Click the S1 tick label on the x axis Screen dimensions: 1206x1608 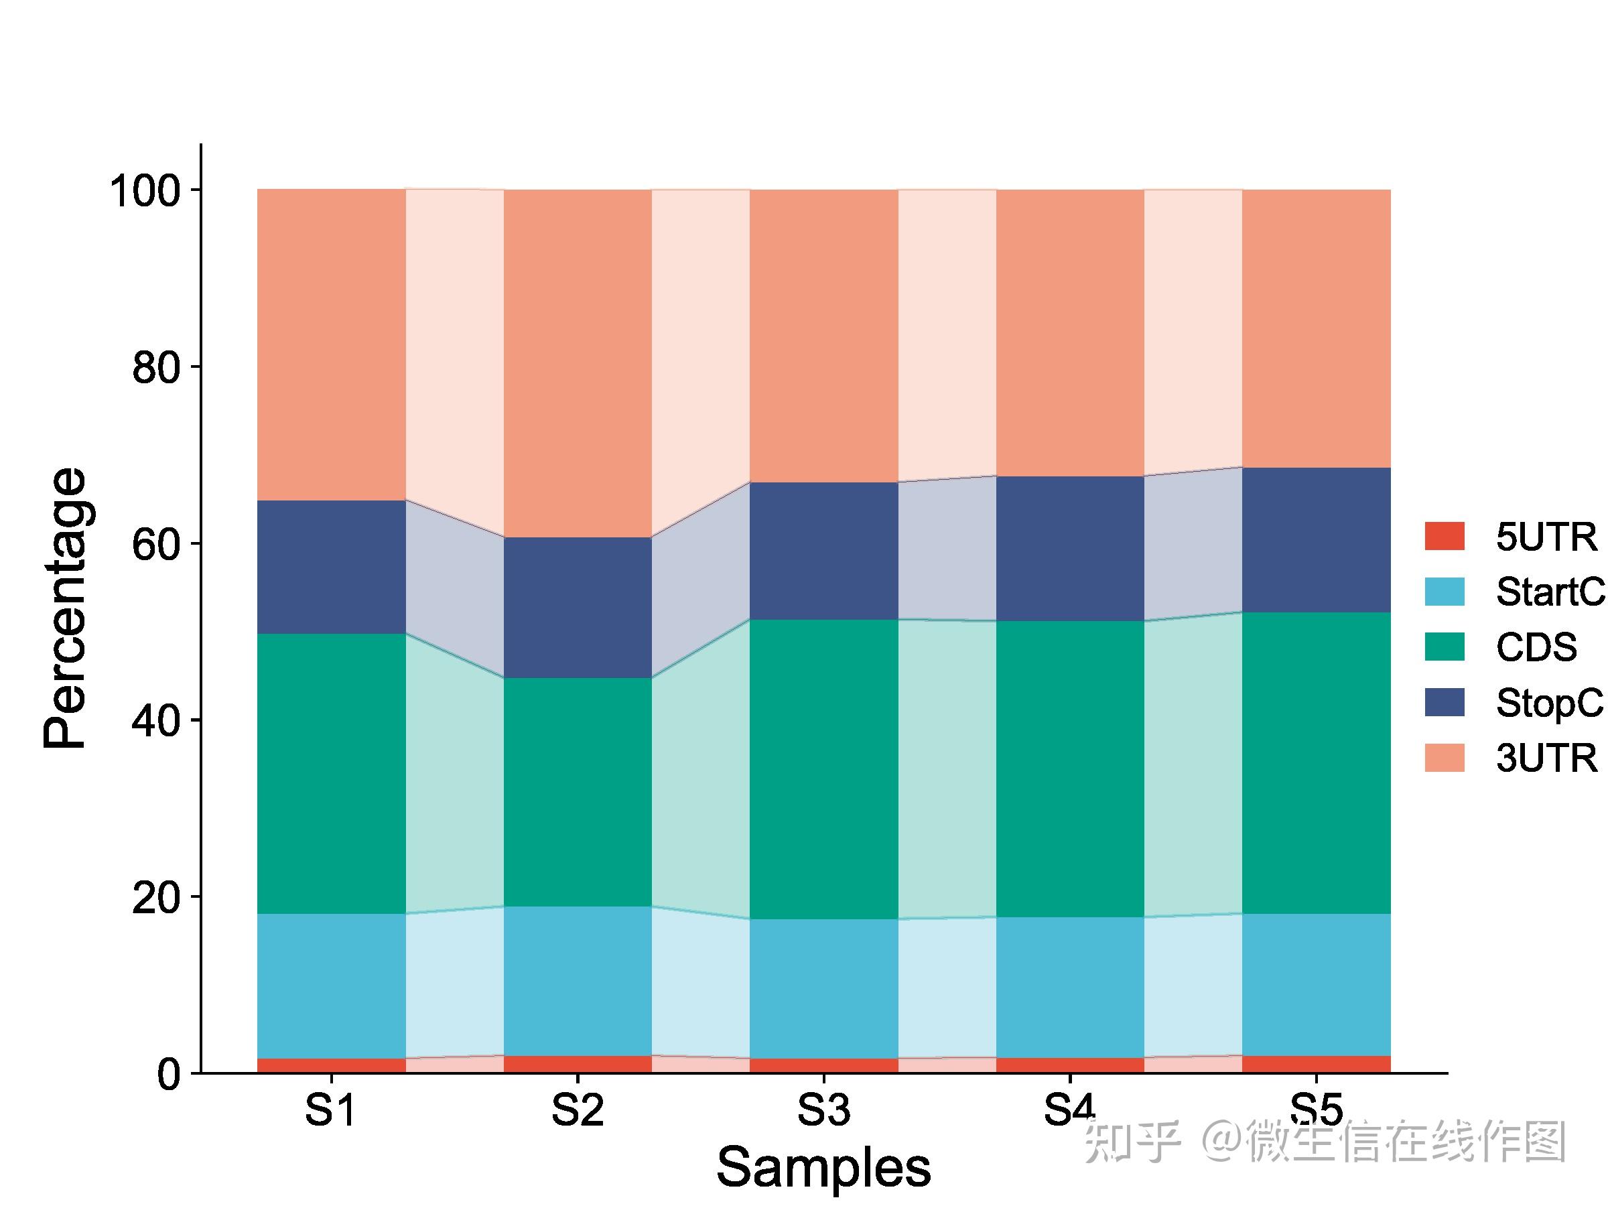pyautogui.click(x=331, y=1110)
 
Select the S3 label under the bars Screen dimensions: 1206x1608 pyautogui.click(x=823, y=1110)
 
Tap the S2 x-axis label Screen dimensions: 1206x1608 pyautogui.click(x=577, y=1110)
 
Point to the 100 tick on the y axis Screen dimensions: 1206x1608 pyautogui.click(x=145, y=192)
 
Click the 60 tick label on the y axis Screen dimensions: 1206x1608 pyautogui.click(x=155, y=545)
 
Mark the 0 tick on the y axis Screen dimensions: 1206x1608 pyautogui.click(x=169, y=1075)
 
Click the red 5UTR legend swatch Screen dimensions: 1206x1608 pyautogui.click(x=1445, y=537)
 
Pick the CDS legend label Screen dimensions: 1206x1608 pyautogui.click(x=1536, y=647)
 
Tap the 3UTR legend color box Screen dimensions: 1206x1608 pyautogui.click(x=1445, y=758)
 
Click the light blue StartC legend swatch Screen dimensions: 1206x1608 pyautogui.click(x=1445, y=592)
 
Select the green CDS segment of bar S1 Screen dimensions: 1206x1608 pyautogui.click(x=332, y=773)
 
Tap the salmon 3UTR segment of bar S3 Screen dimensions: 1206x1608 pyautogui.click(x=823, y=335)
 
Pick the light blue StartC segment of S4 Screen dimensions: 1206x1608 pyautogui.click(x=1070, y=987)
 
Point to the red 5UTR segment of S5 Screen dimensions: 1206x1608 pyautogui.click(x=1317, y=1063)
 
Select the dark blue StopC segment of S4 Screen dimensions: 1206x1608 pyautogui.click(x=1070, y=548)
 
